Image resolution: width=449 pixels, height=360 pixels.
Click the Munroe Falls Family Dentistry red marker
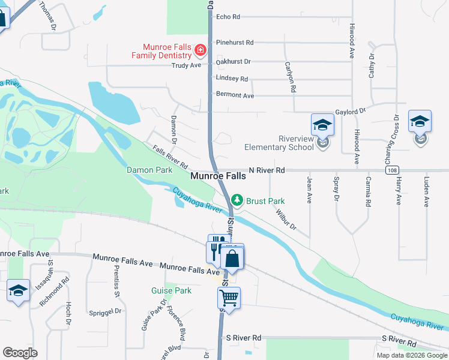200,50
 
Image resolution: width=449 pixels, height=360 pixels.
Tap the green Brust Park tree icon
238,199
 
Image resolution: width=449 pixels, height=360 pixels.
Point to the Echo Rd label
228,17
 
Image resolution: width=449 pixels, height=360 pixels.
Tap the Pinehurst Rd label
235,43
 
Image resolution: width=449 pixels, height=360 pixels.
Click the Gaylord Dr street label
351,112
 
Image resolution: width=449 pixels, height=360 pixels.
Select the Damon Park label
149,170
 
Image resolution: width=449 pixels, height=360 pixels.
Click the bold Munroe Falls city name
218,176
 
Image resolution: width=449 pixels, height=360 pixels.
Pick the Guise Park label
171,290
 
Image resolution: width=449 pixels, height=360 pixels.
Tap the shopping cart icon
229,297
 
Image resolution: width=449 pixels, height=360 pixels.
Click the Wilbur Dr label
286,219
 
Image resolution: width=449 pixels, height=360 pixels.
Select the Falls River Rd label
170,158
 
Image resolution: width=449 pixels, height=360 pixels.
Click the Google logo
20,353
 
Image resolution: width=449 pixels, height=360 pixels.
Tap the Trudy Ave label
186,65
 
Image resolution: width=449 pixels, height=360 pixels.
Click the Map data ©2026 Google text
411,355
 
